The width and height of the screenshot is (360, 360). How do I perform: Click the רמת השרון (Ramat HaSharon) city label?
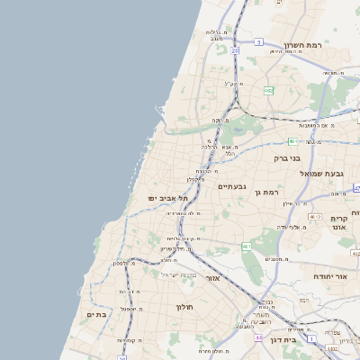(303, 45)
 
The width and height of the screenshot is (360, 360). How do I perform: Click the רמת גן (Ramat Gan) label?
(269, 192)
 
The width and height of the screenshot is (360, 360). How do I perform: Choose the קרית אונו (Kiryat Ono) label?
(338, 224)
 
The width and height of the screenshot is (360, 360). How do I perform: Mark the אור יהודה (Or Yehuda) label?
(330, 276)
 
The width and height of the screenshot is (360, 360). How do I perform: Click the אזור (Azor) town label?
(213, 277)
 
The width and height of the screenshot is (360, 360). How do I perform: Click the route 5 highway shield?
(258, 41)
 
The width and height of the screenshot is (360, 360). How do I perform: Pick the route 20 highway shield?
(235, 51)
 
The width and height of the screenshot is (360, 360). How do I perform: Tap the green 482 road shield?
(269, 90)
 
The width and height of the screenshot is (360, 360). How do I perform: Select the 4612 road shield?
(314, 216)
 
